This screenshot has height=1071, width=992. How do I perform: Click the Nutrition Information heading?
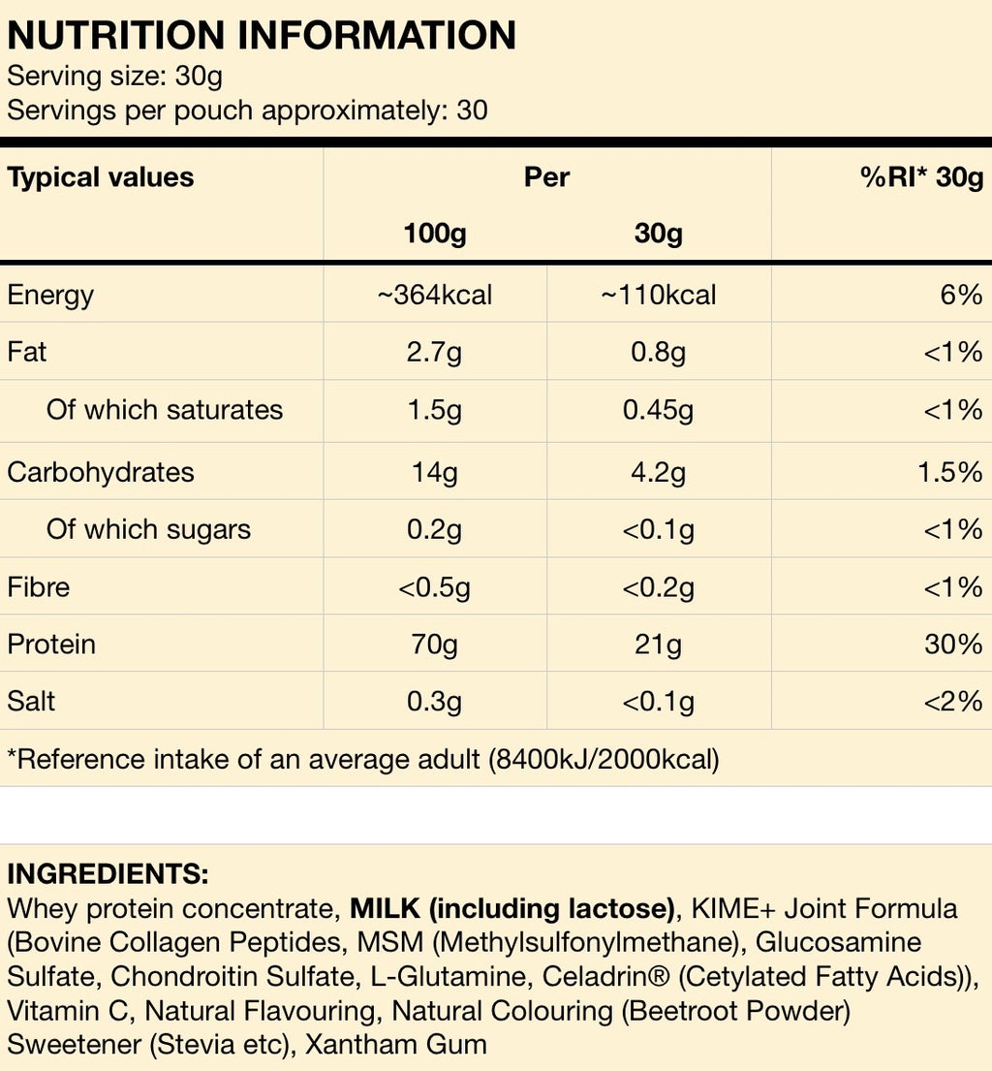pos(262,36)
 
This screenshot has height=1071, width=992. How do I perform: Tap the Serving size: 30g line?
pos(115,76)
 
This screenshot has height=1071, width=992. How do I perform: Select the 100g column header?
pos(435,234)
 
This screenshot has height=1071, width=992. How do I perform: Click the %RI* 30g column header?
pos(921,177)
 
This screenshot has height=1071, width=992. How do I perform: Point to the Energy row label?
pos(50,295)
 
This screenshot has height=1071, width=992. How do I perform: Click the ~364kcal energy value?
pos(435,295)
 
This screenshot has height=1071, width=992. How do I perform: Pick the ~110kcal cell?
pos(659,295)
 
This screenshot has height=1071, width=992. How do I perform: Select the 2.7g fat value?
pos(435,352)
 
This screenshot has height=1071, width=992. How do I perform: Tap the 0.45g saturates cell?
pos(659,410)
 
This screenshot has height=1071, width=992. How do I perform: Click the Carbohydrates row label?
pos(101,472)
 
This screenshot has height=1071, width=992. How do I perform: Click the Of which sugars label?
pos(148,529)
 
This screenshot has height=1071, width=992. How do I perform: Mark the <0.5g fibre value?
pos(435,587)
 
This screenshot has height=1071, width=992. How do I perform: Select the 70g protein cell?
pos(435,644)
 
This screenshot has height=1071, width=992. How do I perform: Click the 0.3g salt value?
pos(435,701)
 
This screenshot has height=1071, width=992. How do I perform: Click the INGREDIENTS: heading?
pos(108,873)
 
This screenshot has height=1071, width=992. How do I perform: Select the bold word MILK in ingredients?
pos(385,909)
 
